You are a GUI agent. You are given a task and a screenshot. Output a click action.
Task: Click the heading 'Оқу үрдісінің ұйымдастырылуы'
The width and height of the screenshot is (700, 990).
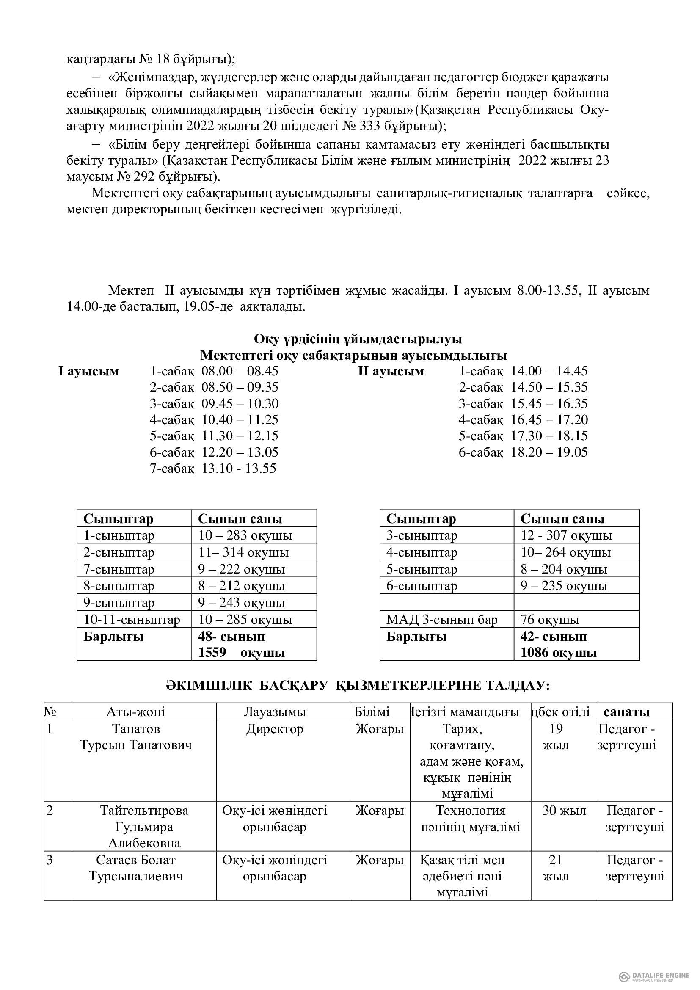click(x=358, y=339)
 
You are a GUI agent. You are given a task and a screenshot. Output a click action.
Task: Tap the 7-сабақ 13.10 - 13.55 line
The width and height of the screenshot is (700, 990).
click(x=213, y=468)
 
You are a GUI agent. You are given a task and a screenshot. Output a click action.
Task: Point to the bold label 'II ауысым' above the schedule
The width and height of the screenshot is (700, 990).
click(x=391, y=371)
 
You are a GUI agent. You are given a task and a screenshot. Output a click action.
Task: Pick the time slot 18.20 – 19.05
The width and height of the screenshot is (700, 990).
click(x=549, y=452)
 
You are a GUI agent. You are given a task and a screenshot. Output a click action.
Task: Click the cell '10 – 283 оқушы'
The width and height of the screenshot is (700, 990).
click(x=245, y=535)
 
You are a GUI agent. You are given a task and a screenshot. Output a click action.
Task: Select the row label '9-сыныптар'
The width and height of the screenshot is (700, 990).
click(x=119, y=603)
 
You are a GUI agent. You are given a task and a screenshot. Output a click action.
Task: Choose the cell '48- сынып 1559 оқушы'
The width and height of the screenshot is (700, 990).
click(x=241, y=644)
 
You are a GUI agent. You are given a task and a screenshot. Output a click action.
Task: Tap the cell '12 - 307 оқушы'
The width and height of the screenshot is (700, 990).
click(x=566, y=535)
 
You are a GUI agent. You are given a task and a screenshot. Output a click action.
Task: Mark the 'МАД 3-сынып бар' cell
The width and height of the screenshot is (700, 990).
click(x=442, y=620)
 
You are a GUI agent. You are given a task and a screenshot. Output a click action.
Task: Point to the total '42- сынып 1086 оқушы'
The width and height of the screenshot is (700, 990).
click(x=559, y=644)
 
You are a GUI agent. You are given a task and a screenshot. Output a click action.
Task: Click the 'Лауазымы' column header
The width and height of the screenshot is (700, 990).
click(x=275, y=712)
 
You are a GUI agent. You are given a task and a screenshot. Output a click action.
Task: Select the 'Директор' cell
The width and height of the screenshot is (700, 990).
click(x=275, y=729)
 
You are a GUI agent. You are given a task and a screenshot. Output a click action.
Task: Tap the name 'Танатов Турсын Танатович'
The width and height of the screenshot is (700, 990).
click(x=136, y=737)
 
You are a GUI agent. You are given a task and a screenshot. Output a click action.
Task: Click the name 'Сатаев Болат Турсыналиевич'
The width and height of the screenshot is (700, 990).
click(x=136, y=868)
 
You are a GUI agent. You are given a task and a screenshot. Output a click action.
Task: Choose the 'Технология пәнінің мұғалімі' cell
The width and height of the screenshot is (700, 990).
click(x=471, y=819)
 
